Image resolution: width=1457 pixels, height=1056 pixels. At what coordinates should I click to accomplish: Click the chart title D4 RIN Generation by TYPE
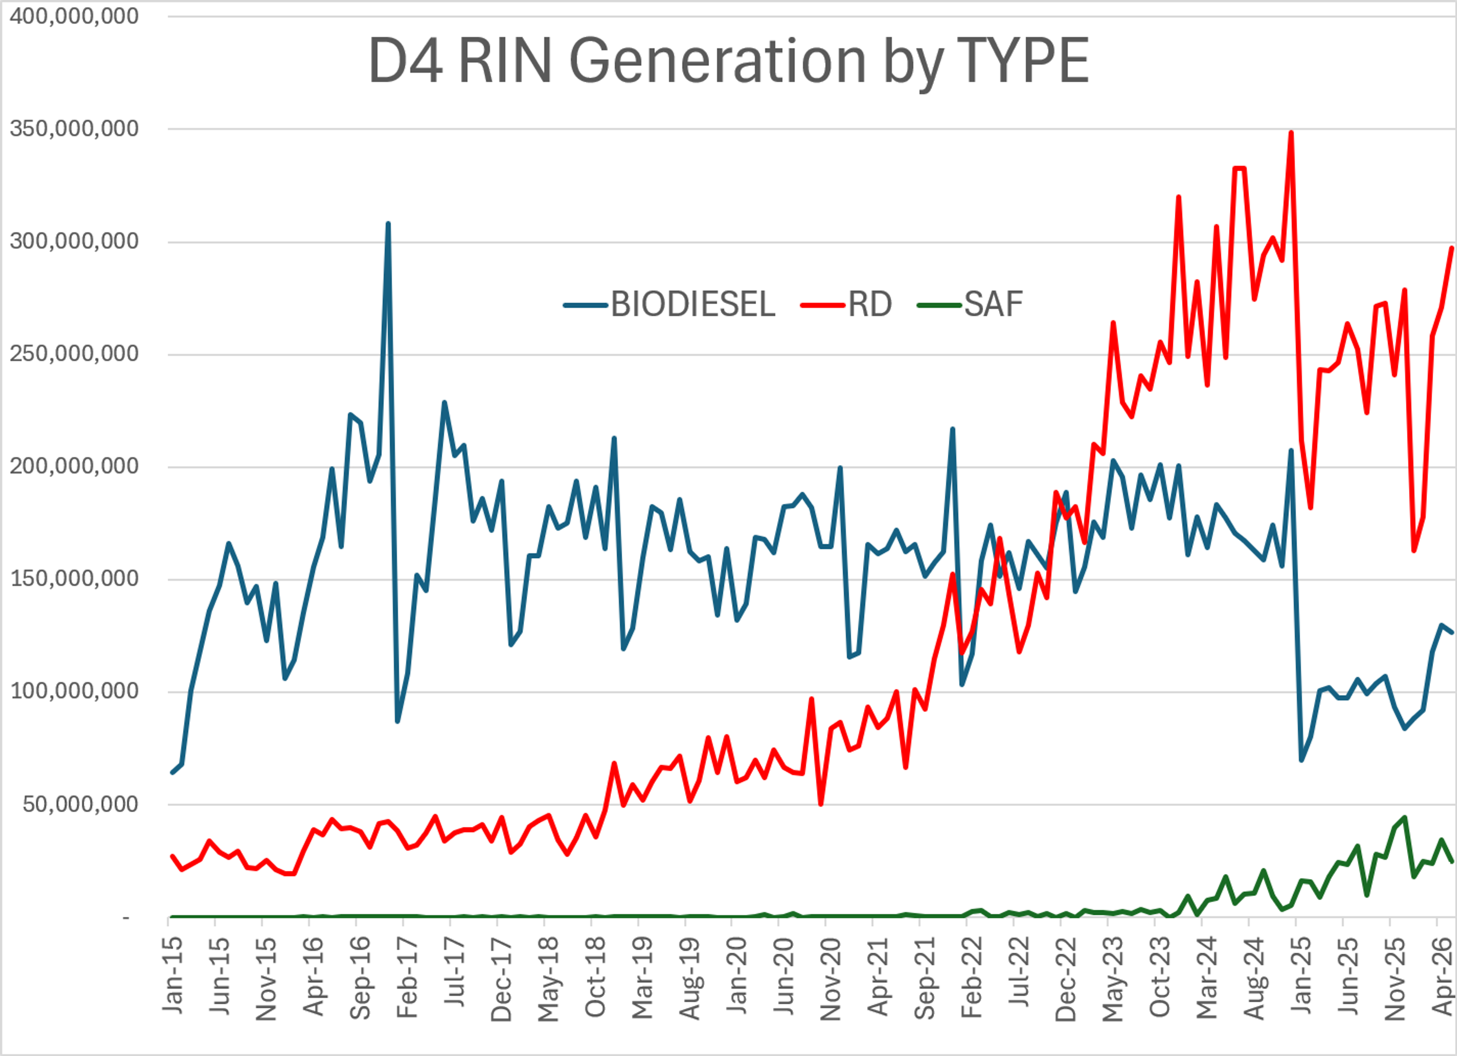pyautogui.click(x=728, y=61)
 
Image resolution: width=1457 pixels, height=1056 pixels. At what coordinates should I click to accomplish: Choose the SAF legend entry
pyautogui.click(x=970, y=305)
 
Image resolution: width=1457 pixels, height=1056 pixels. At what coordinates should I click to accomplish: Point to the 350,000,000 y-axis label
pyautogui.click(x=74, y=129)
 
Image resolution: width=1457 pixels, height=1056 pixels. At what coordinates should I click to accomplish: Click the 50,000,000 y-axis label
pyautogui.click(x=80, y=804)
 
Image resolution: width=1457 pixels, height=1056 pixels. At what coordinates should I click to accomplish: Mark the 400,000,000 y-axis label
pyautogui.click(x=74, y=16)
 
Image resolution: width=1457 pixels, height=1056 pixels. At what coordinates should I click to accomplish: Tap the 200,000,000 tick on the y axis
pyautogui.click(x=74, y=466)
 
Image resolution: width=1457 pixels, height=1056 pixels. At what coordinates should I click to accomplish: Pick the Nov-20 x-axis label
pyautogui.click(x=831, y=979)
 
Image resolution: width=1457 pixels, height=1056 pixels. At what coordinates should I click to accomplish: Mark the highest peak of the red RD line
pyautogui.click(x=1291, y=132)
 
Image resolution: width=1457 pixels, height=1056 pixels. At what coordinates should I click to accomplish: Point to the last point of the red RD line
pyautogui.click(x=1452, y=248)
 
